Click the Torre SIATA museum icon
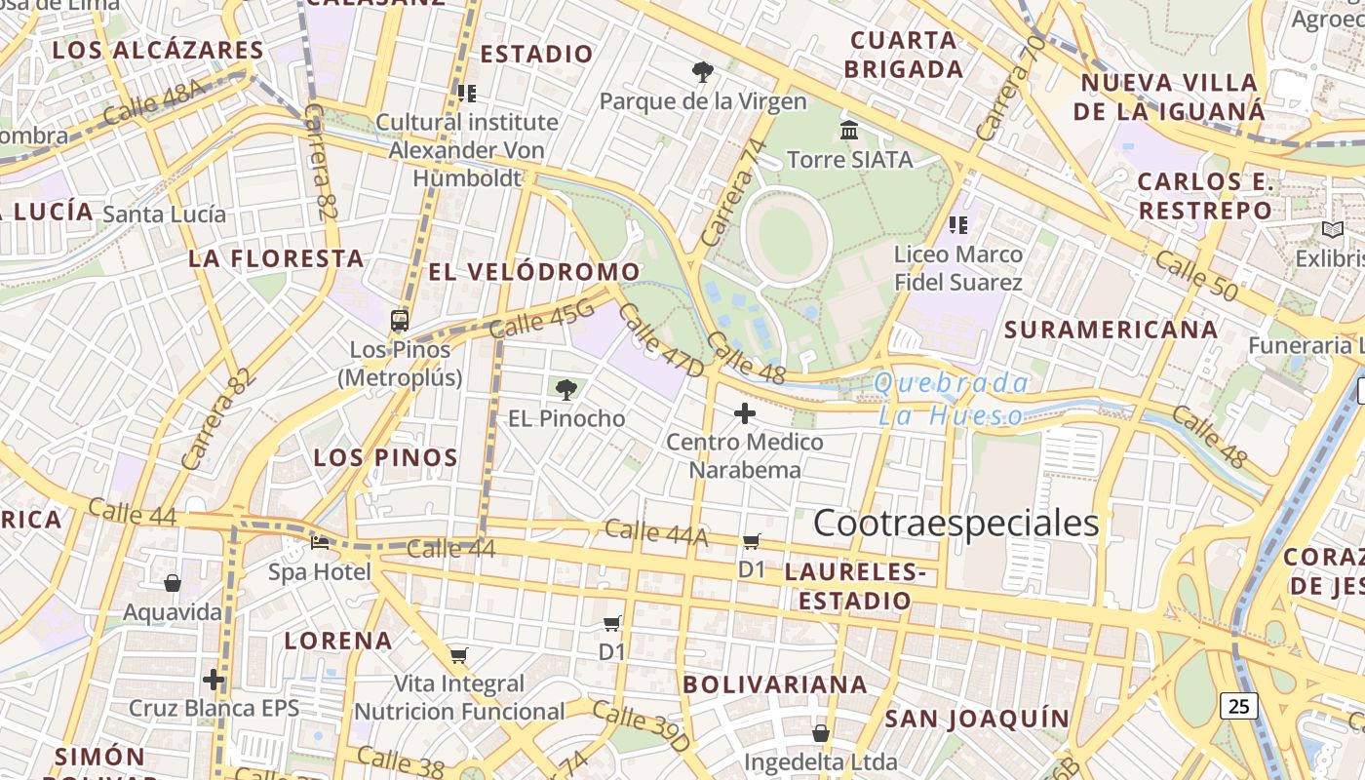(x=849, y=130)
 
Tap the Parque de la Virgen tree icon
(x=702, y=71)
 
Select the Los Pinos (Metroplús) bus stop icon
(x=400, y=320)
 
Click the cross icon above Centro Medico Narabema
(x=745, y=413)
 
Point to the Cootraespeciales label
(x=955, y=524)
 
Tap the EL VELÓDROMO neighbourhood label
(x=534, y=272)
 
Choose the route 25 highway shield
(x=1238, y=705)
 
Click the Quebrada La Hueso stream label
(x=951, y=399)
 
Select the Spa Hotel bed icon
(x=320, y=542)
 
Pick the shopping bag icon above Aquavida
(x=173, y=583)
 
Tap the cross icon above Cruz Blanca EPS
(x=214, y=680)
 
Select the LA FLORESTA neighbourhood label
(x=276, y=258)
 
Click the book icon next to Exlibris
(x=1332, y=230)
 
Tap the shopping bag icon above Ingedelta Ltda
(x=821, y=732)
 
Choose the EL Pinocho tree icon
(x=565, y=390)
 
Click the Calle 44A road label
(x=656, y=532)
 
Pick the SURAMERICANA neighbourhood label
(x=1111, y=330)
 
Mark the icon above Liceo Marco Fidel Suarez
(x=958, y=225)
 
